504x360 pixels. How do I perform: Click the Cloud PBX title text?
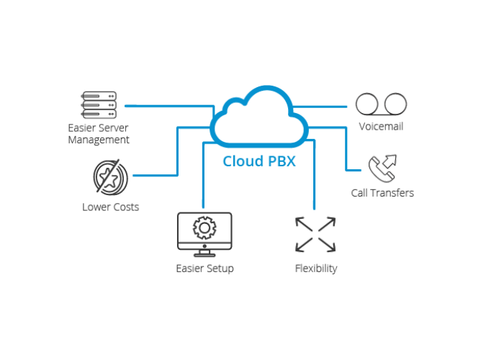coord(259,161)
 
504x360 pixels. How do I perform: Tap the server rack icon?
coord(99,105)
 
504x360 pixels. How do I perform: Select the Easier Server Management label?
coord(99,134)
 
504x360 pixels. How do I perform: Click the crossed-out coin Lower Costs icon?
coord(111,176)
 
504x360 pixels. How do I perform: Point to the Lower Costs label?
coord(110,207)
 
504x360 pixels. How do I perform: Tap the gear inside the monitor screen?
coord(204,228)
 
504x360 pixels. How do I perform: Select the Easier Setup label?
coord(204,269)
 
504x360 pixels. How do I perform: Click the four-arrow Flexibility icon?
coord(315,234)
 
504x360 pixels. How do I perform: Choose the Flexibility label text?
coord(315,269)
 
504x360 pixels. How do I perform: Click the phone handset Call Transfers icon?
coord(382,168)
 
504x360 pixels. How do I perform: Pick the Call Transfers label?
coord(382,193)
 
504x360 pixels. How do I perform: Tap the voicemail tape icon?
coord(382,104)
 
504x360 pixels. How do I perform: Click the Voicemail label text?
coord(381,127)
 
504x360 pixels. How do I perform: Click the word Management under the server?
coord(99,140)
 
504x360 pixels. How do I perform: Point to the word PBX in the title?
coord(281,161)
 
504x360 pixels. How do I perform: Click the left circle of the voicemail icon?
coord(368,104)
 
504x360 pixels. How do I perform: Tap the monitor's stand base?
coord(204,253)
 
